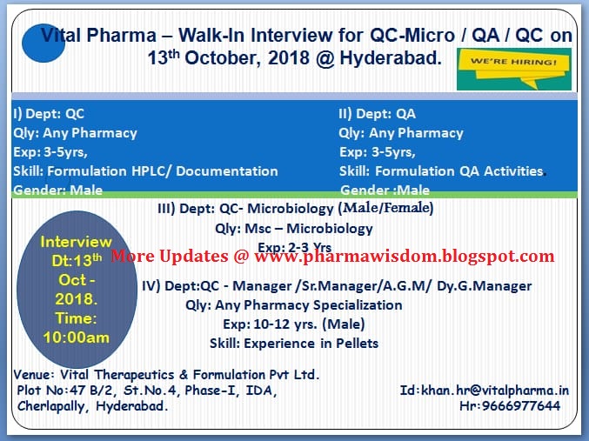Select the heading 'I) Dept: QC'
49,114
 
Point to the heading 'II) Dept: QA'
377,114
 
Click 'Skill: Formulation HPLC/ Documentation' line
145,171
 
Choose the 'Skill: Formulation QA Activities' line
441,171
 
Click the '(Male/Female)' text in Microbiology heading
387,209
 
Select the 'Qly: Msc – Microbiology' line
294,229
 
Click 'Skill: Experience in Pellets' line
294,343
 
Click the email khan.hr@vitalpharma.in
485,391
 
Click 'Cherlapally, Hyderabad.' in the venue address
92,406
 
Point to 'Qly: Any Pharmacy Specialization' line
294,304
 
